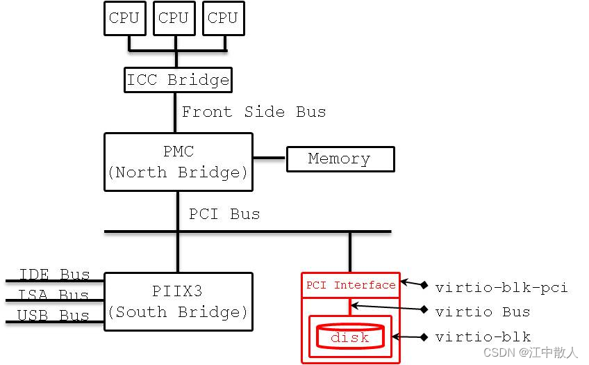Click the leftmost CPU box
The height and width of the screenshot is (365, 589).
(x=125, y=18)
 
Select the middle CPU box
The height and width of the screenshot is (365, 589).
(x=174, y=18)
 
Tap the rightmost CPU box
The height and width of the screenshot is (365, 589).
(x=223, y=18)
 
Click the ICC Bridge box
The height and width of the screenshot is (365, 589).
(x=178, y=80)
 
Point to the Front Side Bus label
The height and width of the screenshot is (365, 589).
(x=254, y=112)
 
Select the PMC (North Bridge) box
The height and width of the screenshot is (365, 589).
(x=178, y=162)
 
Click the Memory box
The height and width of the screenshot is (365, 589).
(x=340, y=159)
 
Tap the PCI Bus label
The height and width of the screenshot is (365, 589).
(x=224, y=214)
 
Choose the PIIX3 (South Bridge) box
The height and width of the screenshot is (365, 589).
(x=178, y=302)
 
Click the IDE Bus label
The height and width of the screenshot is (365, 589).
(x=54, y=275)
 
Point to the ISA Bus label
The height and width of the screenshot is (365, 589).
(x=54, y=295)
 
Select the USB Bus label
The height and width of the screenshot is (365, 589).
(x=54, y=316)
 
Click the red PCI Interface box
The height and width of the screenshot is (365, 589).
(x=351, y=285)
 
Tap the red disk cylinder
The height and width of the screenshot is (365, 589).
(x=350, y=336)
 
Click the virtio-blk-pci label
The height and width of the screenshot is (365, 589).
(x=501, y=287)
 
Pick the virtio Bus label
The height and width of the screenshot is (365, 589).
(x=483, y=311)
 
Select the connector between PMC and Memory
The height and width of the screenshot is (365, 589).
(x=269, y=158)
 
